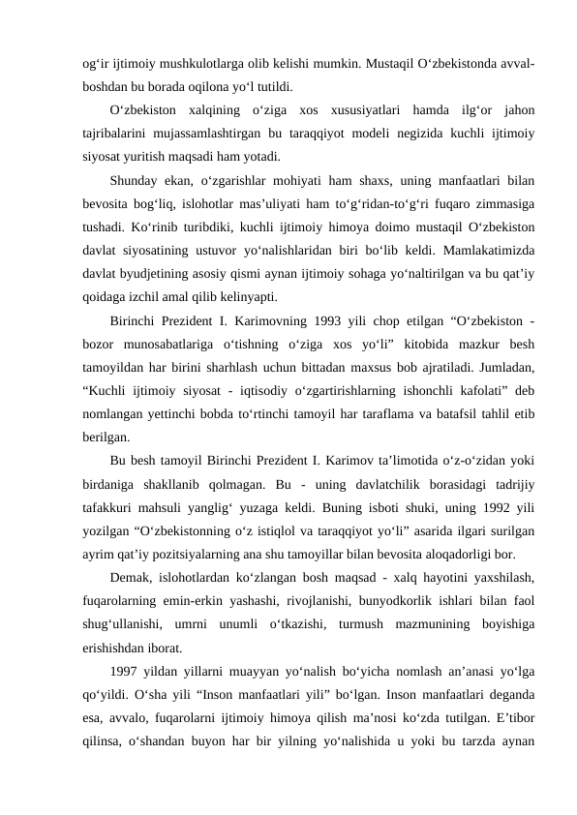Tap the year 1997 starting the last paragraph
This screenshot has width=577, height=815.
pyautogui.click(x=128, y=671)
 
